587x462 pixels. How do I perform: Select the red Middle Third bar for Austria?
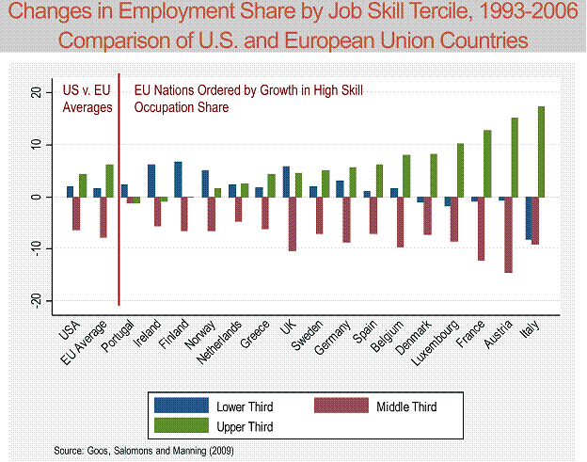[x=508, y=235]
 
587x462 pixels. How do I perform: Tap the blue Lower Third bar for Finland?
[x=178, y=180]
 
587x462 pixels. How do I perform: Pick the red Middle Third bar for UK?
[x=293, y=224]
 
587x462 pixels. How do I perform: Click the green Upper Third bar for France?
[x=487, y=164]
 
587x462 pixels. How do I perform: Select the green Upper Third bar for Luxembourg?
[x=460, y=170]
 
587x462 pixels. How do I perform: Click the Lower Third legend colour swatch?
[x=182, y=406]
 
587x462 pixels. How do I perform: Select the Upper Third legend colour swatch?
[x=182, y=426]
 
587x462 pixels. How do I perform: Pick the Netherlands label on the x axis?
[x=221, y=343]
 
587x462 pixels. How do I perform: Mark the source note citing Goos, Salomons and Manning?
[x=144, y=451]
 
